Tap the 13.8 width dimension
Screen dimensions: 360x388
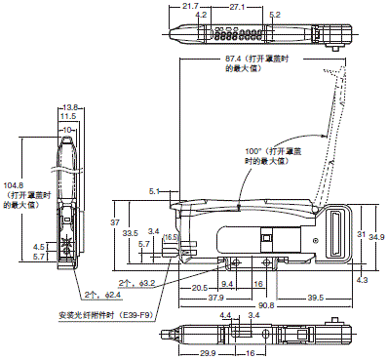[x=69, y=107]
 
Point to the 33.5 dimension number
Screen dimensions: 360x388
[x=129, y=233]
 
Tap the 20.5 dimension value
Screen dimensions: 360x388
[x=201, y=286]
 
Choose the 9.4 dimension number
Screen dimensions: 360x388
[x=229, y=284]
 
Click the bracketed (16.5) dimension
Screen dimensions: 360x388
[x=169, y=237]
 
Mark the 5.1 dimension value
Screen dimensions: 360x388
[x=155, y=191]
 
